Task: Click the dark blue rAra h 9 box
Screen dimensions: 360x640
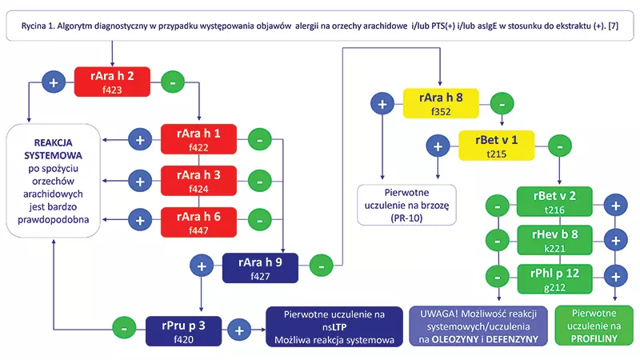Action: pyautogui.click(x=260, y=266)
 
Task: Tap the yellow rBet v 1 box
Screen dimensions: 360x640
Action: pyautogui.click(x=496, y=146)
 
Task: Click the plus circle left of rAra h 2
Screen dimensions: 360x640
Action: pyautogui.click(x=54, y=82)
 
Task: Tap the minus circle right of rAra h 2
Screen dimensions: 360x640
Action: pyautogui.click(x=170, y=82)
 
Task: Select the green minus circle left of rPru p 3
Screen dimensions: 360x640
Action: pyautogui.click(x=123, y=329)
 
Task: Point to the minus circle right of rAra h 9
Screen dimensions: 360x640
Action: pyautogui.click(x=320, y=263)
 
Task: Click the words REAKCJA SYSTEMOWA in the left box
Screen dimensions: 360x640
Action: pyautogui.click(x=54, y=147)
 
